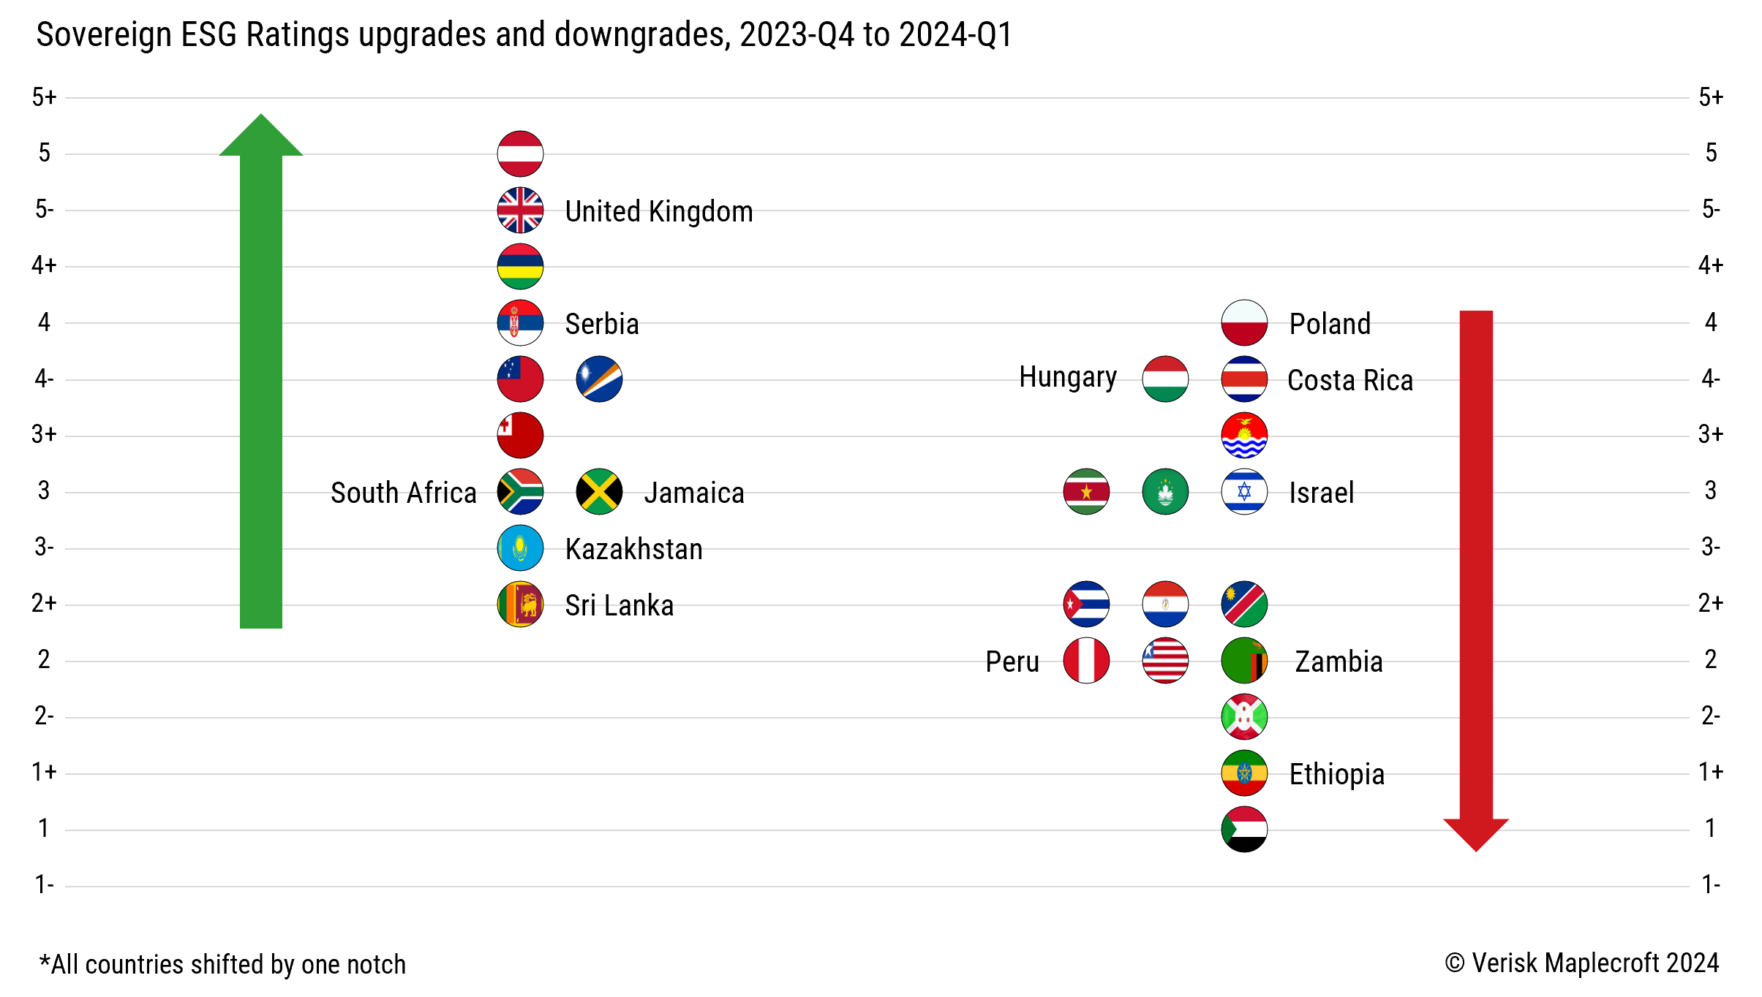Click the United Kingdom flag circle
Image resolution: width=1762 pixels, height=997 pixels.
point(520,211)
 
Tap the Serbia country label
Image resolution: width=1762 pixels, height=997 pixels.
point(602,324)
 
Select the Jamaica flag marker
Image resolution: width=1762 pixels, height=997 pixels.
point(599,492)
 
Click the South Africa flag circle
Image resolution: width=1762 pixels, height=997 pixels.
point(520,492)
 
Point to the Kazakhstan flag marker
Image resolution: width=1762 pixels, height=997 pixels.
point(520,548)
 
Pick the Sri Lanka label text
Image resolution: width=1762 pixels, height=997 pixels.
point(619,605)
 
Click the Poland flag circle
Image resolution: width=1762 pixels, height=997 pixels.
point(1244,322)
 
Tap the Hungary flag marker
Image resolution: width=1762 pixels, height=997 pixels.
point(1165,379)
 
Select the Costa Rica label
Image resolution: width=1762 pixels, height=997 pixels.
point(1349,380)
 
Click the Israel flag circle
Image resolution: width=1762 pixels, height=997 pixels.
point(1244,492)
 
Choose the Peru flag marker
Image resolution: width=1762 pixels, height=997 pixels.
point(1086,661)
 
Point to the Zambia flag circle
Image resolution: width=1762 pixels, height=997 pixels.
point(1244,661)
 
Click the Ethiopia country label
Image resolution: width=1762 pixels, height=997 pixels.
point(1336,774)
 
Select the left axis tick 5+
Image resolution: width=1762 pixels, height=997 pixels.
point(44,97)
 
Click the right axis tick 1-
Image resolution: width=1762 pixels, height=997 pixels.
point(1710,885)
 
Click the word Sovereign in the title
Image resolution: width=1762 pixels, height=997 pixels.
point(103,35)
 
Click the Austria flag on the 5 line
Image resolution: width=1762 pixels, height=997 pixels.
point(520,154)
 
